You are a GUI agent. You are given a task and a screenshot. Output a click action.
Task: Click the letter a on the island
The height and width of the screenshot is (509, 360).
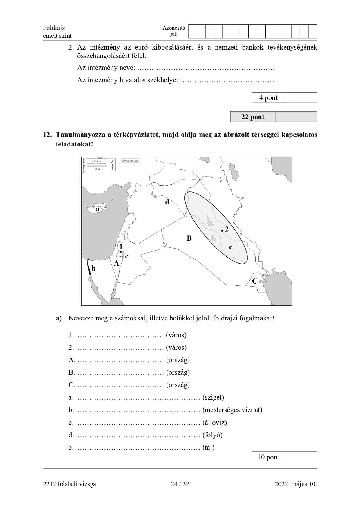click(97, 209)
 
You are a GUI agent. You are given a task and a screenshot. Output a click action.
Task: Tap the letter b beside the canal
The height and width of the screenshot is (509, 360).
click(93, 268)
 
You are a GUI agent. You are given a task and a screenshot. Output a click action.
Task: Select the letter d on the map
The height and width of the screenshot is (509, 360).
click(167, 202)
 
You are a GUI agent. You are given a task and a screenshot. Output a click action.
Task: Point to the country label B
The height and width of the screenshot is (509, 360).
click(189, 238)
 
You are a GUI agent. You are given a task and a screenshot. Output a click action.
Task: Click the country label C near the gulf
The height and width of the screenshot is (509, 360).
click(255, 281)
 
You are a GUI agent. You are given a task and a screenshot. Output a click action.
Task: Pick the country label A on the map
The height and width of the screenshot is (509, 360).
click(117, 263)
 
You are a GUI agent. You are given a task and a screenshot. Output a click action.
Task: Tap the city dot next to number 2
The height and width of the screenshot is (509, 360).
click(222, 231)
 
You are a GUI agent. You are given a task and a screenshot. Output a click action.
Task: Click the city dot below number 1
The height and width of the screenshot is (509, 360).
click(121, 252)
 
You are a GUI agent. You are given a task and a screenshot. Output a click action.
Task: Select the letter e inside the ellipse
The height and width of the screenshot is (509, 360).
click(231, 247)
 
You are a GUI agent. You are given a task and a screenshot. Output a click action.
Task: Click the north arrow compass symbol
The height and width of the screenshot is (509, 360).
click(113, 165)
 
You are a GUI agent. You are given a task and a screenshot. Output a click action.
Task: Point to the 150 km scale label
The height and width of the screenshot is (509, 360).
click(96, 161)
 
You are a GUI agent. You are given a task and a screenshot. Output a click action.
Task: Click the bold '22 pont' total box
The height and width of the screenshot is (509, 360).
click(253, 117)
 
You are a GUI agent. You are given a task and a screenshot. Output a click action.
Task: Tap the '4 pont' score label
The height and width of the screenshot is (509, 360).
click(268, 98)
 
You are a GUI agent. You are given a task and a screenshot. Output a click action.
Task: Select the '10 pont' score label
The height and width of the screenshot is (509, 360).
click(268, 457)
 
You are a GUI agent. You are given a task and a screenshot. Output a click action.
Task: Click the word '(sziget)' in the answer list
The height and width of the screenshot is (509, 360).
click(213, 397)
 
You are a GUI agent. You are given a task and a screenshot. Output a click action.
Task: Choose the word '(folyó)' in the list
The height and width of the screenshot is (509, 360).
click(213, 435)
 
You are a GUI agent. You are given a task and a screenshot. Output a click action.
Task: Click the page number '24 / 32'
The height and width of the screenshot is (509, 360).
click(180, 484)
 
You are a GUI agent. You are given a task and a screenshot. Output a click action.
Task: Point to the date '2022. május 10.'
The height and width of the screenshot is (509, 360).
click(296, 484)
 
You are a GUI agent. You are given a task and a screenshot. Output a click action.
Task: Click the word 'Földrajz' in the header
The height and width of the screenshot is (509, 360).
click(54, 28)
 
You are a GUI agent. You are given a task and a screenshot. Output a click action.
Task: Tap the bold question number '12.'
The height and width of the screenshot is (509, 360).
click(47, 135)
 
